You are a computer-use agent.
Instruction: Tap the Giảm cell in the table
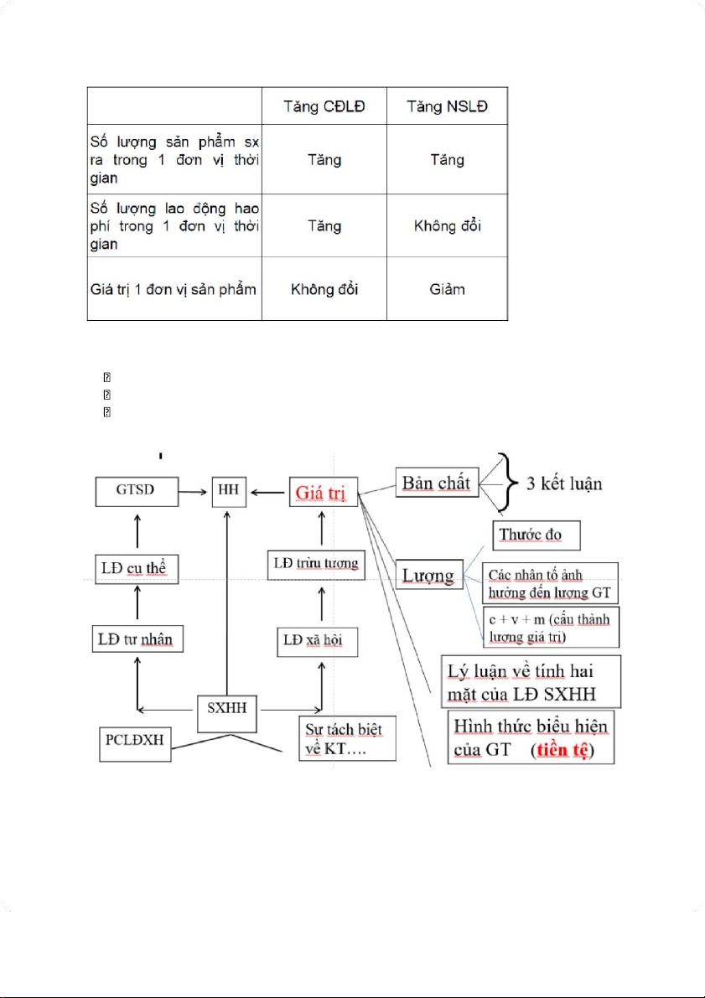448,289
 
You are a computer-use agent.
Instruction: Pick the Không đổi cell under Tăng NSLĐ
448,225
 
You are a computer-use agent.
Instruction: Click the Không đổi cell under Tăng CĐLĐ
324,289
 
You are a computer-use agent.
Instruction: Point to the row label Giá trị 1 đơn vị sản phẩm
173,289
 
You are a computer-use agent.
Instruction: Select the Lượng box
428,576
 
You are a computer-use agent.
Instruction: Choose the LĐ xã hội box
316,642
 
